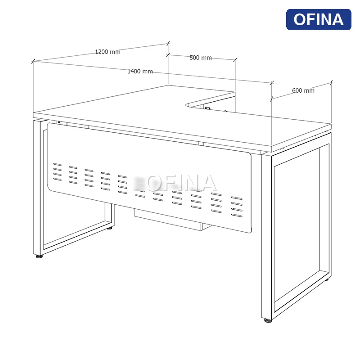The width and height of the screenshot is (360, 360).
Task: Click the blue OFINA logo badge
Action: (319, 19)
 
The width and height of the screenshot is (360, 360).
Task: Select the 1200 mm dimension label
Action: (108, 52)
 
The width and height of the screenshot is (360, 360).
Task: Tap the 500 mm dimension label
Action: (200, 58)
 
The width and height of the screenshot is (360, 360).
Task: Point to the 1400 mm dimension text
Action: (140, 72)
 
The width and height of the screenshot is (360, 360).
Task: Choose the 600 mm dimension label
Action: (303, 90)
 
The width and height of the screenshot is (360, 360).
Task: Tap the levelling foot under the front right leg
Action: (268, 320)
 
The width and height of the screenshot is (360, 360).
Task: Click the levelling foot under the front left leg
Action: (40, 256)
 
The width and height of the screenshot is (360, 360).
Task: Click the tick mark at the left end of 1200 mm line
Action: (33, 61)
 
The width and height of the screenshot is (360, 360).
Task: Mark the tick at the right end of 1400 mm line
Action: (272, 83)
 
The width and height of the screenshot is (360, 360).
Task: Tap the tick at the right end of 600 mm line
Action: (331, 83)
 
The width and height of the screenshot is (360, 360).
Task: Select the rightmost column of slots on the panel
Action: (237, 207)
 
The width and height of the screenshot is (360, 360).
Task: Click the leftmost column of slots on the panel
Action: (58, 172)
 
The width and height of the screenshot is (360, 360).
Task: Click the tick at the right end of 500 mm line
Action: (235, 60)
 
